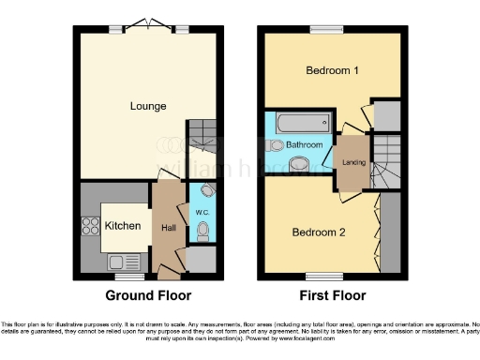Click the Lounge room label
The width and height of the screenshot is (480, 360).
point(148,106)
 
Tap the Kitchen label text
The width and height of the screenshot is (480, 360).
point(123,226)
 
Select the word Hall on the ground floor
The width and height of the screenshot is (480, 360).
point(169,227)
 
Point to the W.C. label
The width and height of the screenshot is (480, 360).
point(202,213)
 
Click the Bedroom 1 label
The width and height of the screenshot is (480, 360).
point(333,71)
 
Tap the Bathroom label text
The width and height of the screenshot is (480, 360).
point(305,145)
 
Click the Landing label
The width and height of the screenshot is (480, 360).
point(354,161)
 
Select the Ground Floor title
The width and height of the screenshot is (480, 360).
point(148,295)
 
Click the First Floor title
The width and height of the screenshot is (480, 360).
point(332,295)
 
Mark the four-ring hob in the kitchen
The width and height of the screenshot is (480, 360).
point(92,225)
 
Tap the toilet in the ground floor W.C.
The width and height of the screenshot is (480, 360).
point(203,227)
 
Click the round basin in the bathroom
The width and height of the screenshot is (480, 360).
point(298,165)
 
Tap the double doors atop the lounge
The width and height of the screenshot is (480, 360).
point(148,22)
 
